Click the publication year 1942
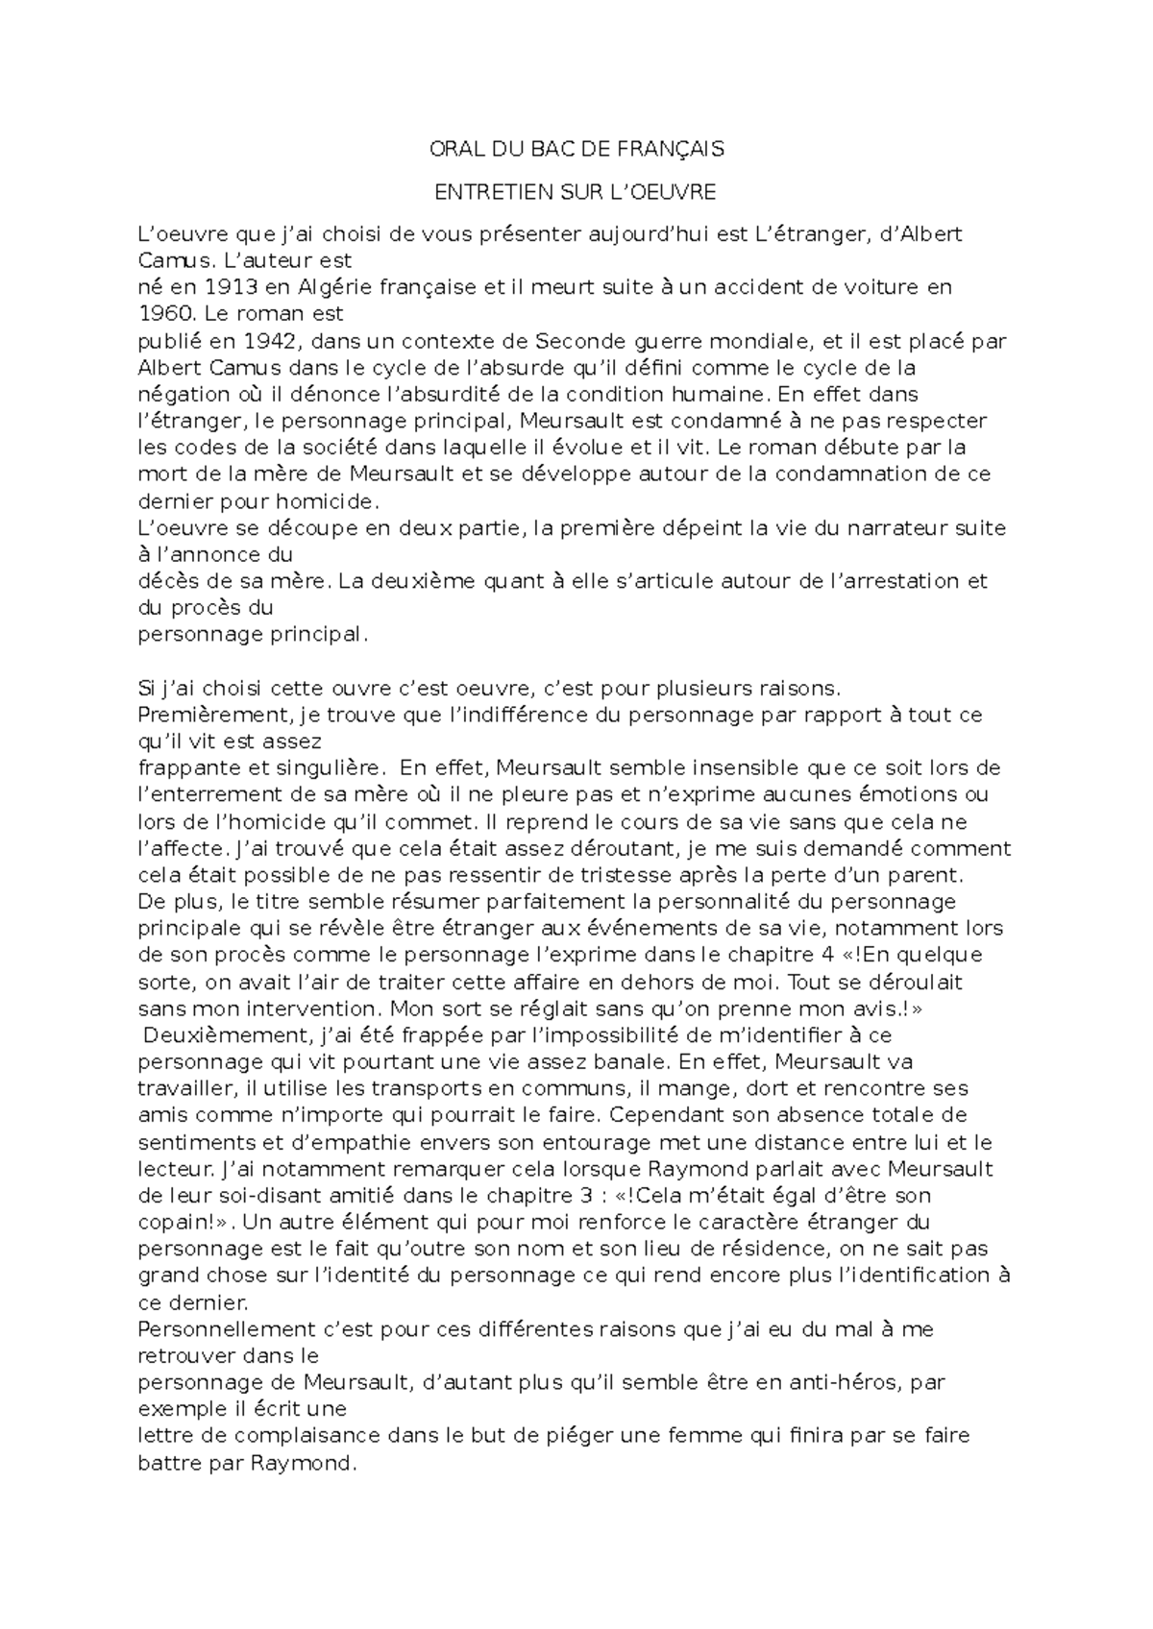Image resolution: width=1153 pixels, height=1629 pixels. (x=263, y=341)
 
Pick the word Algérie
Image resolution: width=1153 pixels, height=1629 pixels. (x=335, y=287)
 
